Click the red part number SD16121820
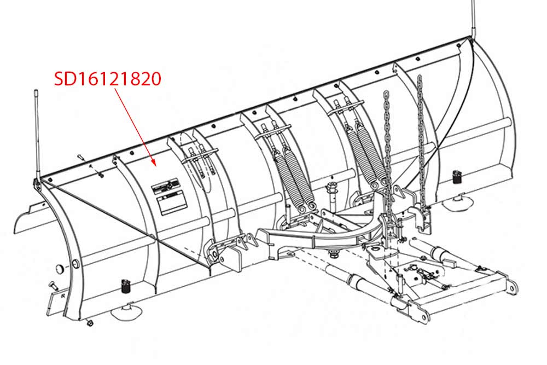point(107,79)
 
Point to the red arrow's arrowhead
point(153,162)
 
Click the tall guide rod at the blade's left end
point(37,135)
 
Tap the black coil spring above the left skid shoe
point(125,287)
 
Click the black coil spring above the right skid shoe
point(457,177)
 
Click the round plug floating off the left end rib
point(60,269)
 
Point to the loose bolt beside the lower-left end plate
point(53,286)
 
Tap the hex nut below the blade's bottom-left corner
point(89,323)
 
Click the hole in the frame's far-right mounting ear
point(511,289)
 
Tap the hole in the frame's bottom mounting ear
point(423,317)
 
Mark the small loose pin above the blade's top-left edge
point(81,158)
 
